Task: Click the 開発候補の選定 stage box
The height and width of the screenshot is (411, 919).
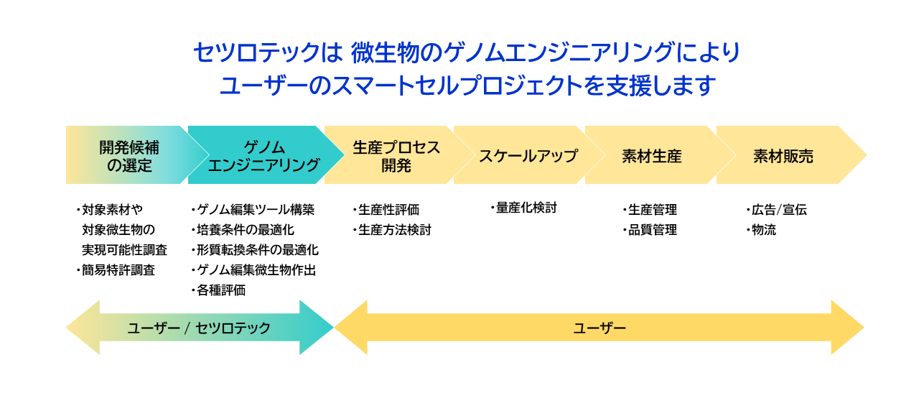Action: [129, 155]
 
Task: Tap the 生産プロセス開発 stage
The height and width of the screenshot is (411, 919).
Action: [396, 155]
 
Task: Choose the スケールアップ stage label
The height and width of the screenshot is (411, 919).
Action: [528, 155]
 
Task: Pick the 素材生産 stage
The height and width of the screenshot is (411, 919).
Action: [651, 155]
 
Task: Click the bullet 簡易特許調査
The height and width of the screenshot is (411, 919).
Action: [118, 271]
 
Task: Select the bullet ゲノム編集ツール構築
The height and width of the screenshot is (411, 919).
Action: [255, 210]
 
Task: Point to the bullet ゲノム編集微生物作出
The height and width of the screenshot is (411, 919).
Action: [256, 270]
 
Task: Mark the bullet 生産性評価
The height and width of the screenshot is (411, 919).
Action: [388, 210]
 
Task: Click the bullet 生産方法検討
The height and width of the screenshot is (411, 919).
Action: [394, 230]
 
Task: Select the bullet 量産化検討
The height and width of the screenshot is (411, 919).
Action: [526, 208]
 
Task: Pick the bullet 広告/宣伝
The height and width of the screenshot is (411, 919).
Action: [778, 210]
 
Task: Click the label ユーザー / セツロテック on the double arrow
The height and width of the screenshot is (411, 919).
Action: [199, 328]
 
